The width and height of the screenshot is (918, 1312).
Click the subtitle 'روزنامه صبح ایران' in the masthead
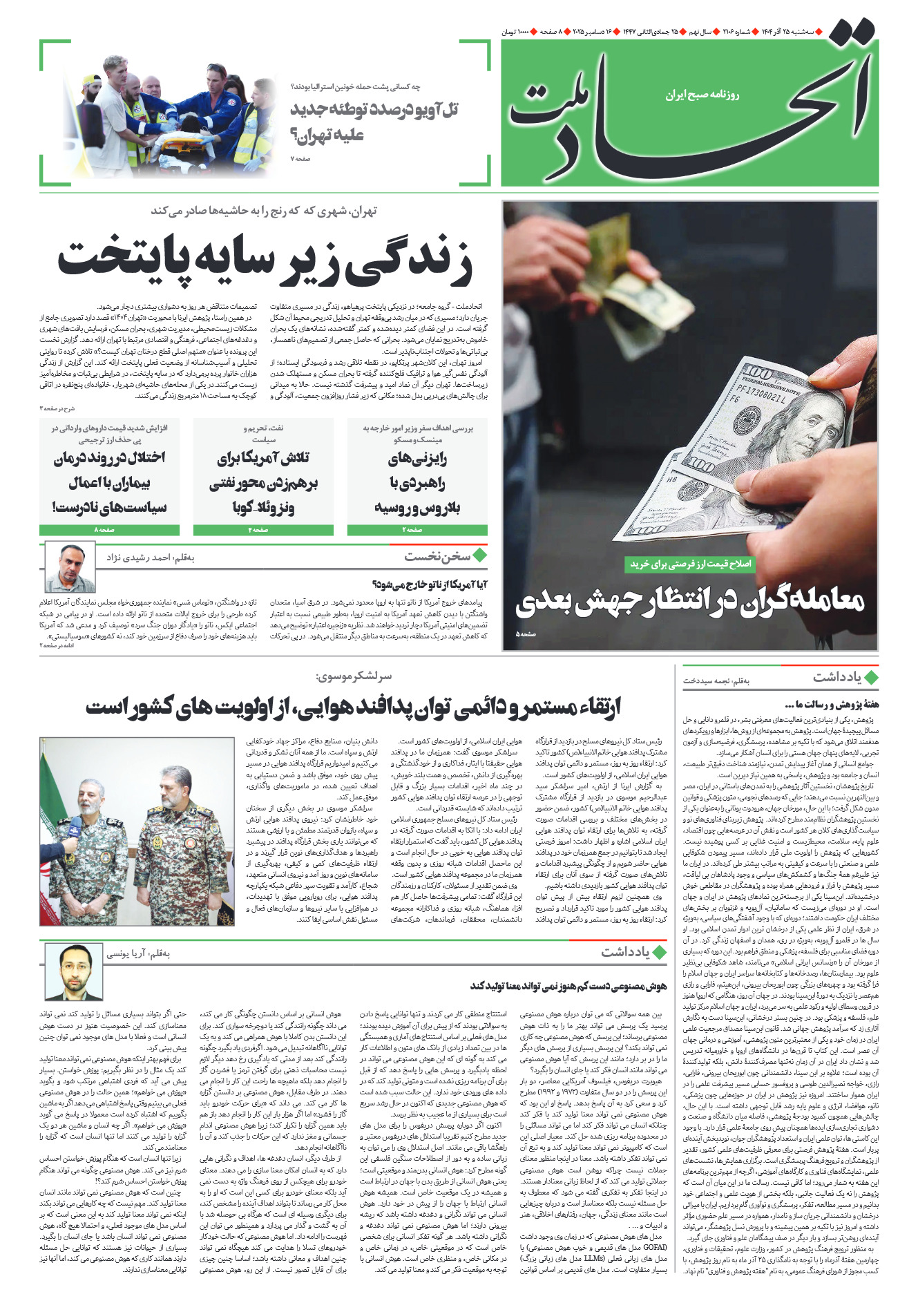pos(702,94)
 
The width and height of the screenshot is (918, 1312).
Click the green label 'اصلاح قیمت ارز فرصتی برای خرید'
pos(691,564)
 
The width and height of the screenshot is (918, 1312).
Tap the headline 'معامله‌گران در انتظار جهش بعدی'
pos(689,602)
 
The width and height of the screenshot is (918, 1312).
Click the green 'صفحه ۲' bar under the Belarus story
pos(417,530)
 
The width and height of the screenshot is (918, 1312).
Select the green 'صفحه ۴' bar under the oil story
pos(263,530)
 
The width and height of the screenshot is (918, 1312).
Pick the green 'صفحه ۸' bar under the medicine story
pos(109,530)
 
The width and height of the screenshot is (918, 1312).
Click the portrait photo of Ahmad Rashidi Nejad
pos(70,567)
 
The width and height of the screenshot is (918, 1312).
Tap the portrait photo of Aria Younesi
pos(73,971)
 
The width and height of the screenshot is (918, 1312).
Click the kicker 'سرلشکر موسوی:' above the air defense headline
pos(353,676)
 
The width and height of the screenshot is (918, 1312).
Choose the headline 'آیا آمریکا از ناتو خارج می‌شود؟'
pos(429,584)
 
